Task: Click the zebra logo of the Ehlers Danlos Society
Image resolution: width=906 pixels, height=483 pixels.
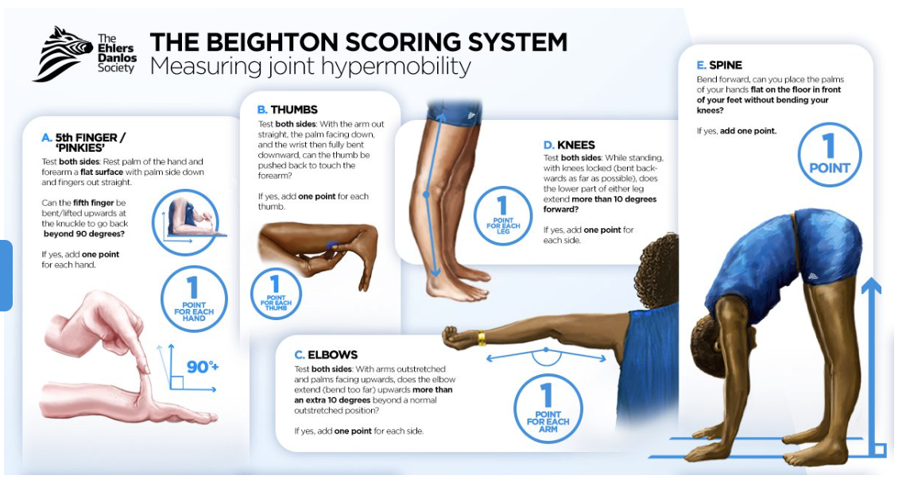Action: [x=62, y=53]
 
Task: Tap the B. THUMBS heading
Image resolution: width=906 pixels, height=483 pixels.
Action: [x=287, y=109]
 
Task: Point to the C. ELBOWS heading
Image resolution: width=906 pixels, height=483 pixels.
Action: [x=326, y=354]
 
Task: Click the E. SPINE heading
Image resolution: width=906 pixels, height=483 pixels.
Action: [x=719, y=64]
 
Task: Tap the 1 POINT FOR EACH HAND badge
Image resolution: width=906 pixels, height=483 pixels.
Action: [x=193, y=299]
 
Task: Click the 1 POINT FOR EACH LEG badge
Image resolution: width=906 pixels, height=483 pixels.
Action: [x=502, y=212]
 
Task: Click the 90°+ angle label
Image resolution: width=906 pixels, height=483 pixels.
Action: [x=202, y=366]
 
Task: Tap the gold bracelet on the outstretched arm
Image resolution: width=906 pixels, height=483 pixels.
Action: [x=481, y=338]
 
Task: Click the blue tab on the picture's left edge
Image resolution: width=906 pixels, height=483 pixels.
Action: [x=6, y=274]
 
